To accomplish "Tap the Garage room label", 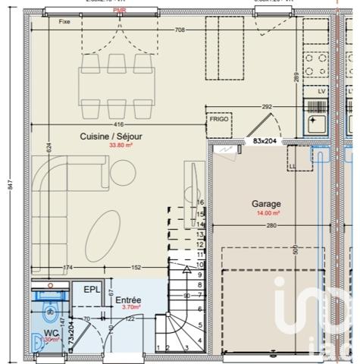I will [266, 204].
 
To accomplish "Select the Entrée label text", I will [127, 300].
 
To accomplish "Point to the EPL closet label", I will [92, 290].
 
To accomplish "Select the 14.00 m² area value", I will [267, 214].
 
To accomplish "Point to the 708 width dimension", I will [180, 30].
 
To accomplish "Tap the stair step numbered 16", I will [200, 202].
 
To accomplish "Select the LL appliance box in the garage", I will [293, 165].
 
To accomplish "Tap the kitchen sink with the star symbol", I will [315, 120].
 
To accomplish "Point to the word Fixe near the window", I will [64, 22].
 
